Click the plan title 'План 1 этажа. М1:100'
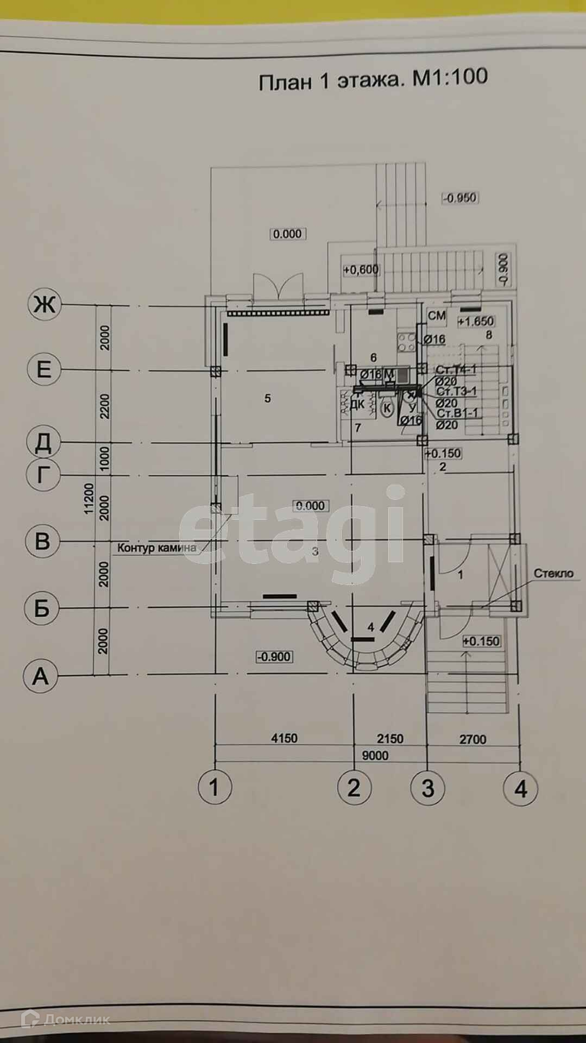[x=373, y=80]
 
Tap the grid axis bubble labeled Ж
[x=44, y=304]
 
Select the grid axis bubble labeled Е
[x=43, y=369]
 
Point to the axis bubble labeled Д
[x=43, y=442]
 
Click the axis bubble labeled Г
[x=42, y=475]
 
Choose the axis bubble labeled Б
[x=41, y=608]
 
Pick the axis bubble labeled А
[x=40, y=676]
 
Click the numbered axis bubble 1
[x=215, y=787]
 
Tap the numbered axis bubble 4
[x=520, y=788]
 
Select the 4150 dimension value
[x=284, y=738]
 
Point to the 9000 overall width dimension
[x=375, y=755]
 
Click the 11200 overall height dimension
[x=89, y=499]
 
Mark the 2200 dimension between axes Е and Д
[x=105, y=406]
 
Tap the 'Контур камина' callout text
[x=157, y=548]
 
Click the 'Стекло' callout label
[x=553, y=573]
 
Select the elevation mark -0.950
[x=460, y=198]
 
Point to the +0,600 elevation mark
[x=361, y=269]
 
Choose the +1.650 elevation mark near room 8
[x=475, y=321]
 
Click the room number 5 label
[x=267, y=398]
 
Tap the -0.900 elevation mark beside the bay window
[x=275, y=657]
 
